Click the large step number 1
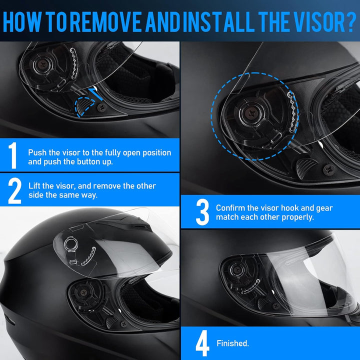point(13,155)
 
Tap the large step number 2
point(14,190)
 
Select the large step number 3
point(202,212)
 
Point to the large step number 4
point(202,343)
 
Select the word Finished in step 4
point(232,343)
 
